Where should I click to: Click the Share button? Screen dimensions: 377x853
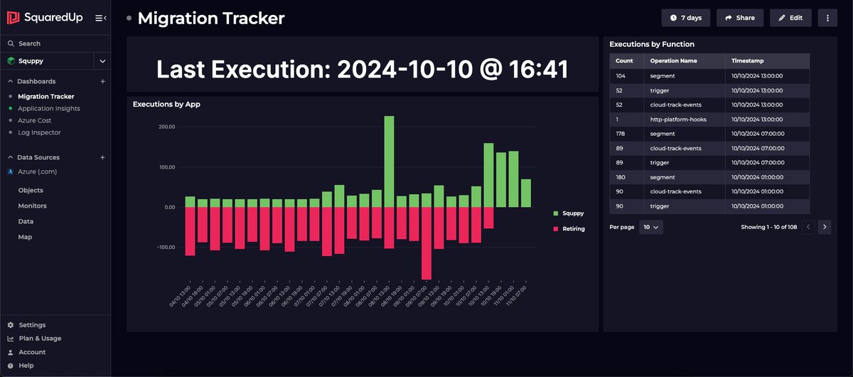point(740,18)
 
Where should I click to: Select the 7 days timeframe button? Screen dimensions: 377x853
point(686,18)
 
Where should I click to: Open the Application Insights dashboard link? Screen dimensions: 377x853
point(49,108)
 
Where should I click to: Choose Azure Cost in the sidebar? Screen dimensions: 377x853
point(35,120)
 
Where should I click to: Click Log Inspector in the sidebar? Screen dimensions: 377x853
point(39,132)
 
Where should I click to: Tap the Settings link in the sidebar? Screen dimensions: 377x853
point(32,325)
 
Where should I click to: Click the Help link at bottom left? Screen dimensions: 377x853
point(26,366)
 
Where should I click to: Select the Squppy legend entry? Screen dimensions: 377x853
point(572,213)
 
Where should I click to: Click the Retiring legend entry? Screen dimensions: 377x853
point(573,229)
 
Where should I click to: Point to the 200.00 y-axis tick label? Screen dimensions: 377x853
point(166,127)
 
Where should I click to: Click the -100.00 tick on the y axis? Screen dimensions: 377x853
point(165,248)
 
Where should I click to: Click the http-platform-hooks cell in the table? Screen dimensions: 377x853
point(678,120)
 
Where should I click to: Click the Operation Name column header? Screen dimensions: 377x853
point(674,61)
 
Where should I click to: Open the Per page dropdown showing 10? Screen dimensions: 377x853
point(651,228)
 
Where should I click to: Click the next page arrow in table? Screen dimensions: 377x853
point(824,228)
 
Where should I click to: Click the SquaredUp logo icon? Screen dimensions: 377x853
point(13,18)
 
